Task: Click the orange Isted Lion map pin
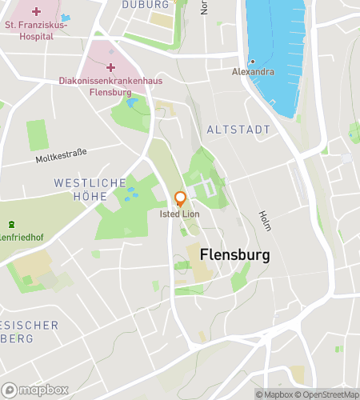click(x=180, y=199)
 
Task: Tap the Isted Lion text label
click(x=180, y=214)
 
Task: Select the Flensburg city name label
click(x=234, y=254)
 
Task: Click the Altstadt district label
click(x=238, y=129)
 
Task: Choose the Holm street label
click(x=265, y=220)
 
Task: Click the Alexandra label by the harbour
click(x=252, y=72)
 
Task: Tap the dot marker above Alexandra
click(x=252, y=62)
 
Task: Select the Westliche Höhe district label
click(x=90, y=189)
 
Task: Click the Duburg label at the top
click(x=146, y=4)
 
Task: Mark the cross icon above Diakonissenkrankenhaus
click(x=110, y=67)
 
